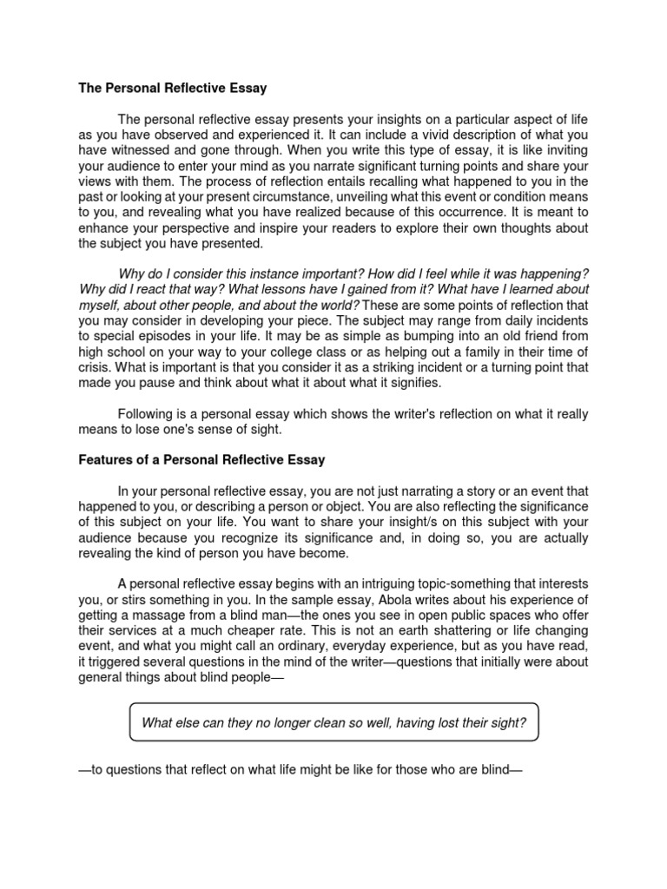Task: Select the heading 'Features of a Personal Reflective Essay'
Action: tap(201, 459)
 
